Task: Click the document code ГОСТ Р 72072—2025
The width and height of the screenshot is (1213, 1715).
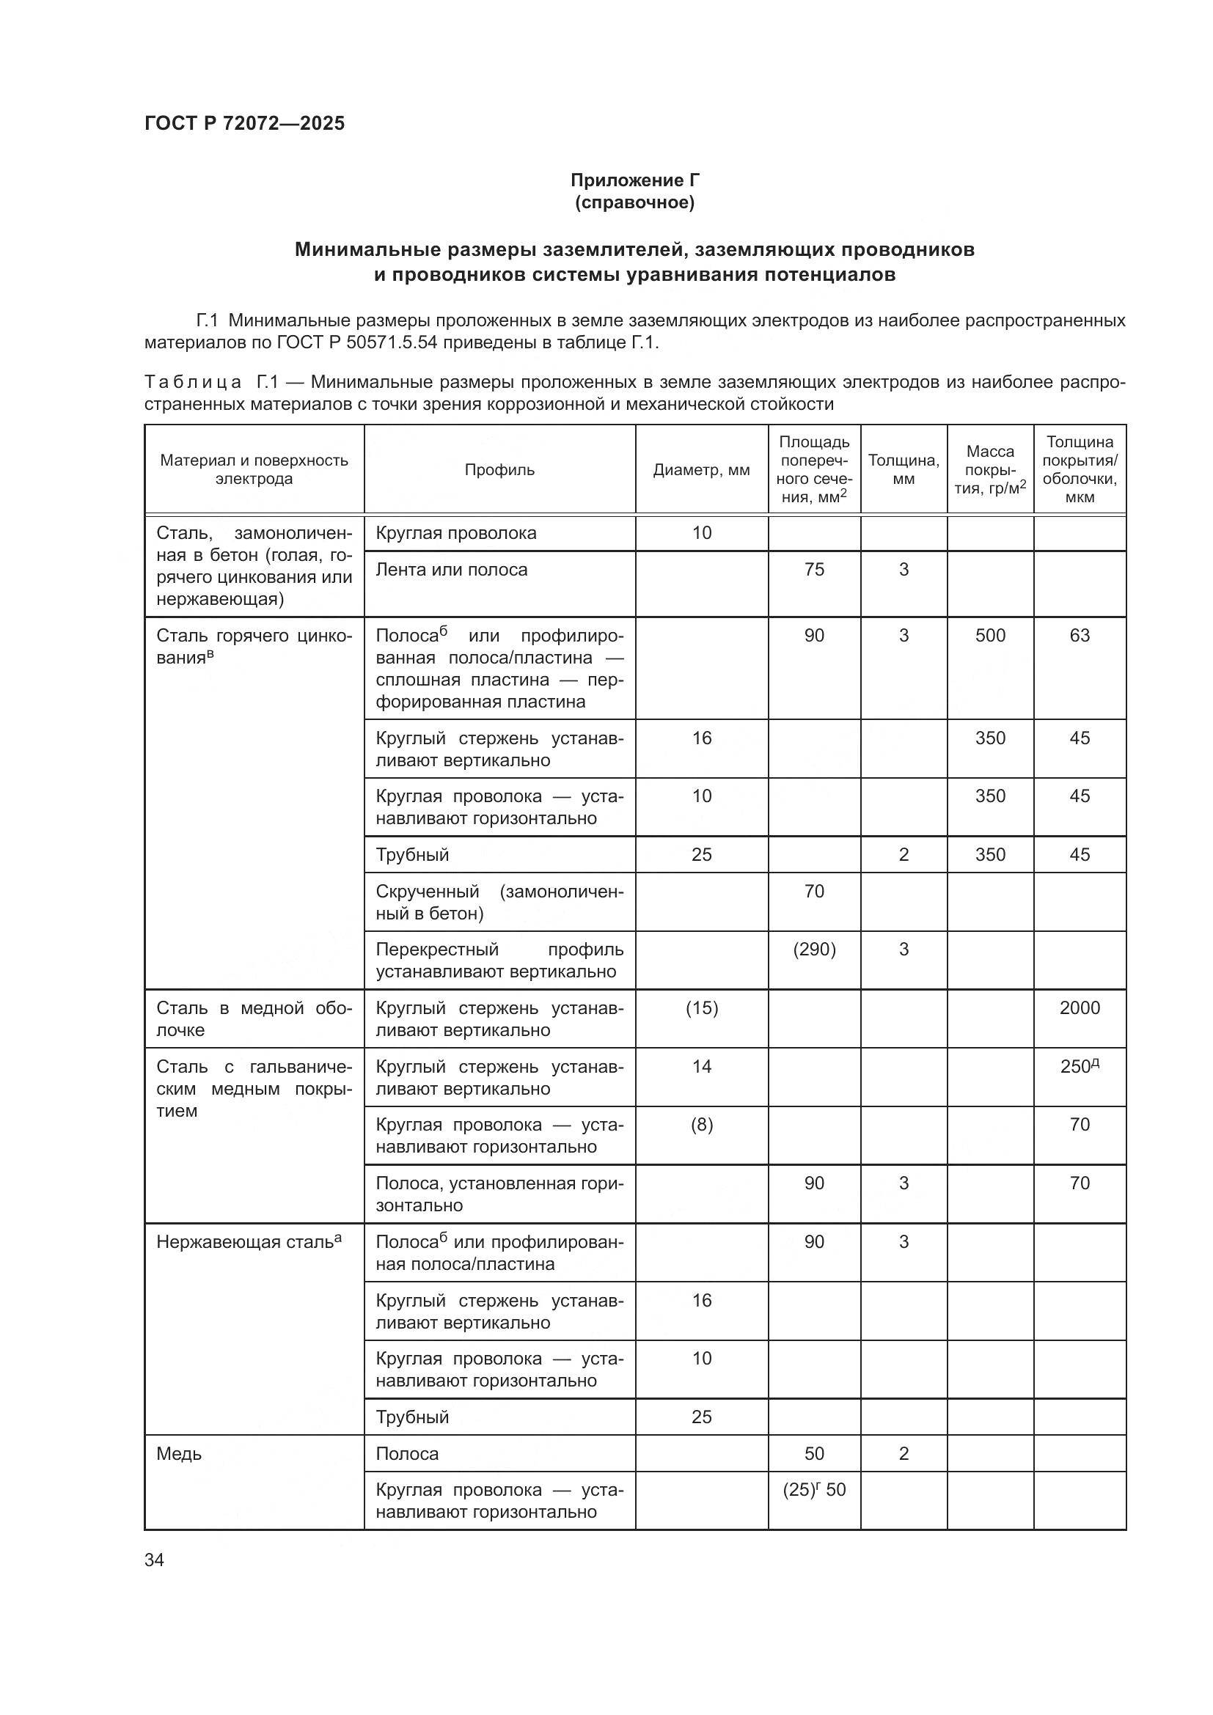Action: [x=244, y=123]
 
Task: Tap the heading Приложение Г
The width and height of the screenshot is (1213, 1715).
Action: [x=635, y=180]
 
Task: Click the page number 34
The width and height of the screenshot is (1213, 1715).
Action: [x=154, y=1560]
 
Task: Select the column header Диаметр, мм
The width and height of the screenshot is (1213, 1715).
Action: [x=701, y=470]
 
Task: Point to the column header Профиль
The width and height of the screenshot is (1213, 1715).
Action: [x=499, y=470]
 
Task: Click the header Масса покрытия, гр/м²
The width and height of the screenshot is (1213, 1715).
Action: [x=989, y=470]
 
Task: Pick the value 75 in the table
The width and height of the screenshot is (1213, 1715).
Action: [x=814, y=569]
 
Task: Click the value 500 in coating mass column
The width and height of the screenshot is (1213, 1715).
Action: [x=989, y=636]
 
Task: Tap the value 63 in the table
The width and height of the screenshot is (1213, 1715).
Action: [x=1080, y=636]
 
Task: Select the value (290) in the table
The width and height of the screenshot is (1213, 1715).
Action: [x=814, y=950]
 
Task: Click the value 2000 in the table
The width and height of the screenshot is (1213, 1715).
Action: [x=1080, y=1007]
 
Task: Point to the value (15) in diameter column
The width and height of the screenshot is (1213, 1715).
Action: [x=701, y=1007]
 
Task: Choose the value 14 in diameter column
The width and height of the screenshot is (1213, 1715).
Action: [x=701, y=1067]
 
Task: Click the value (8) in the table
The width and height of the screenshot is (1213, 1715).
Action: [x=701, y=1125]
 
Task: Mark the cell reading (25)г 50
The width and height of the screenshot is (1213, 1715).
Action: [x=814, y=1489]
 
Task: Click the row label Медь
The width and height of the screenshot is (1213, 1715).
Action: [x=179, y=1453]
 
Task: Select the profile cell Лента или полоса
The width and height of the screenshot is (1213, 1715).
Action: [x=451, y=569]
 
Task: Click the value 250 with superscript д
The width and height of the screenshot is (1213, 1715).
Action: [x=1080, y=1067]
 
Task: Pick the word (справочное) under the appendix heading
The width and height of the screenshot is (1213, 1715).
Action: [x=635, y=202]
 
